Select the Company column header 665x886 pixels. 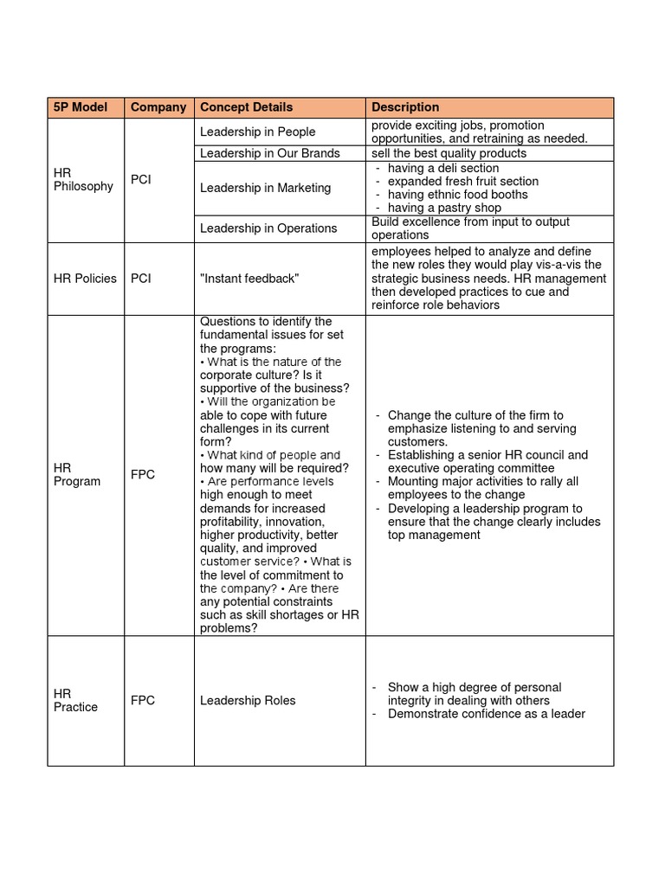158,107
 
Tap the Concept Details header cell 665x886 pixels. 247,107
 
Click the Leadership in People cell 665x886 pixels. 258,132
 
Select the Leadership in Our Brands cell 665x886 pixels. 270,153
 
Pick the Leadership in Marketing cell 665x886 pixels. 266,188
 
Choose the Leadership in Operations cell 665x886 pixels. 268,228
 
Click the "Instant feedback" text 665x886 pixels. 249,279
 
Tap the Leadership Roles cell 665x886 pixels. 248,700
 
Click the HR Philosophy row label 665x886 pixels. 83,180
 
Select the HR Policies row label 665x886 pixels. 85,279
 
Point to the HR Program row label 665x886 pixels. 77,474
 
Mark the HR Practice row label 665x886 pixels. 75,700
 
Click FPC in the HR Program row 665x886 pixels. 144,474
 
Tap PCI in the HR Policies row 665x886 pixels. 141,279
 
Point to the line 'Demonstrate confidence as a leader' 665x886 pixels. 487,714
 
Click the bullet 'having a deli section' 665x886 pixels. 443,168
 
